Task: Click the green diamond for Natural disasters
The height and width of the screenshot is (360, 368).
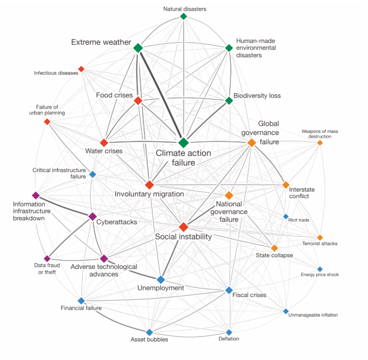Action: pyautogui.click(x=184, y=16)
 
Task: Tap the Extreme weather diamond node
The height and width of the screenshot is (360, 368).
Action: pyautogui.click(x=138, y=48)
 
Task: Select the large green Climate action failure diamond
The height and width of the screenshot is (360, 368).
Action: pyautogui.click(x=184, y=143)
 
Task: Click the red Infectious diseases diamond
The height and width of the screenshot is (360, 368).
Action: pyautogui.click(x=81, y=69)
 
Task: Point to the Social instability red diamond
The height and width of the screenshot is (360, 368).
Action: pyautogui.click(x=183, y=227)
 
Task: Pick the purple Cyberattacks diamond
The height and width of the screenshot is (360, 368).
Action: pyautogui.click(x=92, y=216)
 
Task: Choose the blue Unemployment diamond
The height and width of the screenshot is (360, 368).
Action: pyautogui.click(x=161, y=279)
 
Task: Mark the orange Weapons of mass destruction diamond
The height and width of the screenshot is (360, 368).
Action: pyautogui.click(x=320, y=142)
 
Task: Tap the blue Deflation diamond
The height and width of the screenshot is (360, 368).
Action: pyautogui.click(x=229, y=332)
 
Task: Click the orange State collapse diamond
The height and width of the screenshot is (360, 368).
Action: pyautogui.click(x=274, y=248)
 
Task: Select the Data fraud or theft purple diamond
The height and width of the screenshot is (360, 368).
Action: pyautogui.click(x=47, y=258)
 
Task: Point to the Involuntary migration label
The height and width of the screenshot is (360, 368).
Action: pyautogui.click(x=149, y=194)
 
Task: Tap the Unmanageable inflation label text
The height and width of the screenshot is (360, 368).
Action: pyautogui.click(x=312, y=315)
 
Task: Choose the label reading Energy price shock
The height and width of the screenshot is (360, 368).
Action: pyautogui.click(x=319, y=275)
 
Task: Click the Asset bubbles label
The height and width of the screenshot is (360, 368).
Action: pyautogui.click(x=149, y=339)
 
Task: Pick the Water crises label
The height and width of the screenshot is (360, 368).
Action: pyautogui.click(x=104, y=151)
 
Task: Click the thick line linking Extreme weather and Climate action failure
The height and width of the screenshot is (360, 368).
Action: pyautogui.click(x=161, y=95)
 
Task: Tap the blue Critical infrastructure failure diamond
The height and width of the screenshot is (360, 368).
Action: pyautogui.click(x=93, y=174)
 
